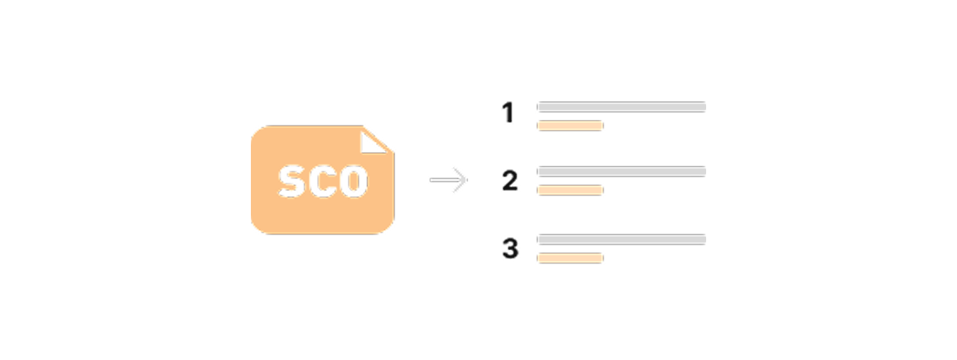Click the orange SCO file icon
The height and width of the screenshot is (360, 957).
[322, 180]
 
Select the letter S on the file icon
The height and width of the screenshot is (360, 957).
[293, 181]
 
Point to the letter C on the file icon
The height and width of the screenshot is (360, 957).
[324, 181]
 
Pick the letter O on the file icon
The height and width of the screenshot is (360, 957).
[355, 181]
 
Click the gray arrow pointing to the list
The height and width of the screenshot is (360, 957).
[448, 180]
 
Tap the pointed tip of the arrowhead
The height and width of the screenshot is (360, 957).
[467, 180]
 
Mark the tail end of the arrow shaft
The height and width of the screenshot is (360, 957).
[430, 180]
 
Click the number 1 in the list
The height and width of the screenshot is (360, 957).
[508, 112]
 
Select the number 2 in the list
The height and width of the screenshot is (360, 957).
[510, 180]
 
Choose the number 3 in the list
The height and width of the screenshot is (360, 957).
[511, 248]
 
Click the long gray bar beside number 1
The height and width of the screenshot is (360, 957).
[622, 107]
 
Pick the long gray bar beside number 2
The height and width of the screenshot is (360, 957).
[622, 172]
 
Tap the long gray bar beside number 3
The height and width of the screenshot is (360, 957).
[622, 239]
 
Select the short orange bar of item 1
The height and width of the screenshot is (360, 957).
[571, 125]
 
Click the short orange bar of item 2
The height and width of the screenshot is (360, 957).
[571, 190]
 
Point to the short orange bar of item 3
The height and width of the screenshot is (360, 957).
[571, 258]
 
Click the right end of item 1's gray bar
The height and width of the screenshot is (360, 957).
[705, 107]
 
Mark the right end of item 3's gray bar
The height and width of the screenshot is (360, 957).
[705, 239]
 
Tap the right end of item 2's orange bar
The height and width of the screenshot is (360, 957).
[602, 190]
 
